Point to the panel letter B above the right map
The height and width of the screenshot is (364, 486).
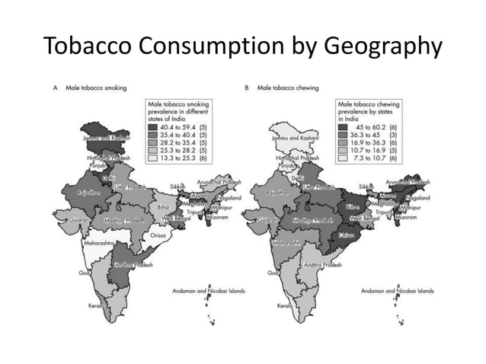click(247, 88)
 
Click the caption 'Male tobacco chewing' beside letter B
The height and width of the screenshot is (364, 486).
click(286, 88)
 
